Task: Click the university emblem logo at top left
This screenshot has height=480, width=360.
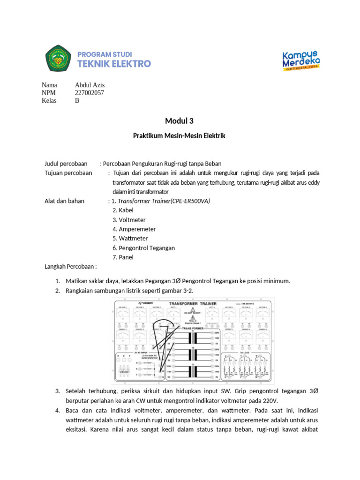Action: [x=58, y=59]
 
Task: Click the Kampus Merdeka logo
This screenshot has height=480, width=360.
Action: [x=301, y=60]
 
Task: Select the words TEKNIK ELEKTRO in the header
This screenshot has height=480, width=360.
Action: [x=114, y=64]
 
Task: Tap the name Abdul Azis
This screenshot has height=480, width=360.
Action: [x=90, y=85]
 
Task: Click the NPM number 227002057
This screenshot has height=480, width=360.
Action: [x=90, y=93]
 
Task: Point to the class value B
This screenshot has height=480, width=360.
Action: [x=77, y=100]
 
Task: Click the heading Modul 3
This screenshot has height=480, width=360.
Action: [x=180, y=121]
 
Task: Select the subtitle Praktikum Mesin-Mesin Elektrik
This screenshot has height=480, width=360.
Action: [x=180, y=136]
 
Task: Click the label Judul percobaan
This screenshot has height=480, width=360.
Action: [x=66, y=164]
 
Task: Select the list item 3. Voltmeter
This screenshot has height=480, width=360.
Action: [x=129, y=220]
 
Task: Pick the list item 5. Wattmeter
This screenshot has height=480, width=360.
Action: [x=130, y=239]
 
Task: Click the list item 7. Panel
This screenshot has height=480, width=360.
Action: [x=123, y=257]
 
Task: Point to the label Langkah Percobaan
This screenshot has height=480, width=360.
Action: [x=70, y=267]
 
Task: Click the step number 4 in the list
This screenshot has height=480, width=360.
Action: [x=57, y=411]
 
